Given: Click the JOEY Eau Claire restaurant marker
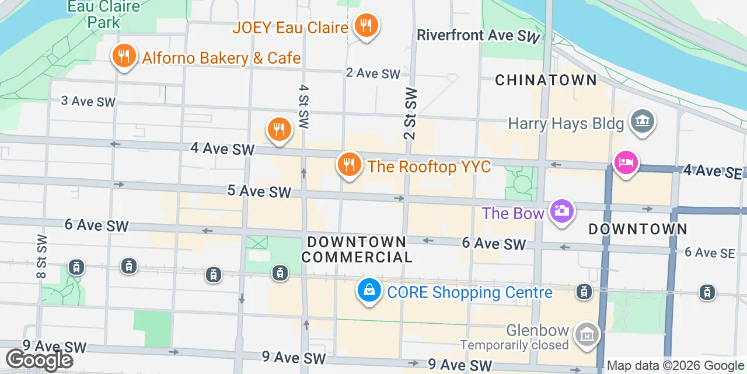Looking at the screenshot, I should tap(366, 26).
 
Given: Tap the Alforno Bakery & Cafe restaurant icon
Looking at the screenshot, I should tap(123, 57).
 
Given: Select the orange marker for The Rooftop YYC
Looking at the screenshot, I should tap(349, 165).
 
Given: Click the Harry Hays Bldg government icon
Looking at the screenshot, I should tap(643, 122).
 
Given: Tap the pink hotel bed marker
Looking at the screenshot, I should tap(626, 162).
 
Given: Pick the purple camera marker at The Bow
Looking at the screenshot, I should tap(562, 211).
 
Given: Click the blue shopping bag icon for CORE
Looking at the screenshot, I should tap(369, 290).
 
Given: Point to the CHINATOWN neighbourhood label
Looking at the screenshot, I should tap(546, 80).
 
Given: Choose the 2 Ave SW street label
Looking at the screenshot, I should tap(373, 73).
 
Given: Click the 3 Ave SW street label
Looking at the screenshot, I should tap(88, 101).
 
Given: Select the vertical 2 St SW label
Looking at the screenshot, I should tap(410, 114).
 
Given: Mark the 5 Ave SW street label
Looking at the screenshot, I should tap(259, 191).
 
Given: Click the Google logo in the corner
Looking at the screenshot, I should tap(39, 360).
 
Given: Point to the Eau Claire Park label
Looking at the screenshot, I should tap(104, 15).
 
